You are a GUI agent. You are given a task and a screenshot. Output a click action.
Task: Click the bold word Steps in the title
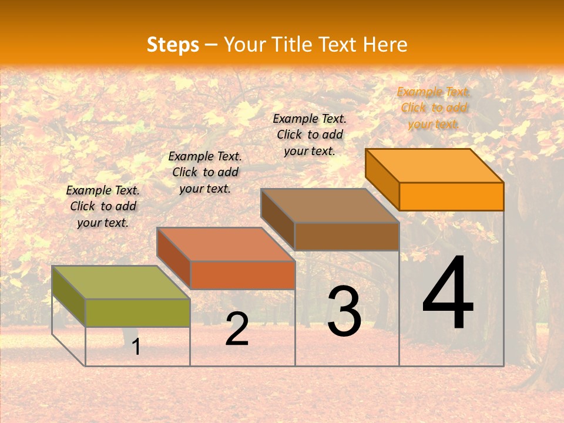173,45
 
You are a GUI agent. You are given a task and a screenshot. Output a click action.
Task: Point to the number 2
237,330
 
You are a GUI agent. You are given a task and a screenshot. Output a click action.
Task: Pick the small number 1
136,347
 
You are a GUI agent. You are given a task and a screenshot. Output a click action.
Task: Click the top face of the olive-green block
121,283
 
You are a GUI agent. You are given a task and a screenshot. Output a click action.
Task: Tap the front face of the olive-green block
137,313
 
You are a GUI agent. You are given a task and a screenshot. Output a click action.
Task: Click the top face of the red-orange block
226,244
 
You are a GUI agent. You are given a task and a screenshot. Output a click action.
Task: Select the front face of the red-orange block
242,275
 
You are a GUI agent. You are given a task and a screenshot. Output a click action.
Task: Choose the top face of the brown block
330,206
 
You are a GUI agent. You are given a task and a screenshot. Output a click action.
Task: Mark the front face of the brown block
347,236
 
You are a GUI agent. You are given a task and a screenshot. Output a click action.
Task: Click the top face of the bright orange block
435,166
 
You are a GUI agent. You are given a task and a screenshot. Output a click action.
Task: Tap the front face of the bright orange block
451,196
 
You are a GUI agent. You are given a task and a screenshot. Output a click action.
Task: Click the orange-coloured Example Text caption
434,108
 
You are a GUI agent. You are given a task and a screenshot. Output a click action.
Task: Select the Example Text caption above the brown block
310,135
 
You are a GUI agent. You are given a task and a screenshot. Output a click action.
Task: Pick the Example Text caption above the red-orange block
205,172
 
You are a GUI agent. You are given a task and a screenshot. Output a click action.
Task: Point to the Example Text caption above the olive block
103,206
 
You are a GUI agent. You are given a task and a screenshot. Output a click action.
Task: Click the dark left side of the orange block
382,179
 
